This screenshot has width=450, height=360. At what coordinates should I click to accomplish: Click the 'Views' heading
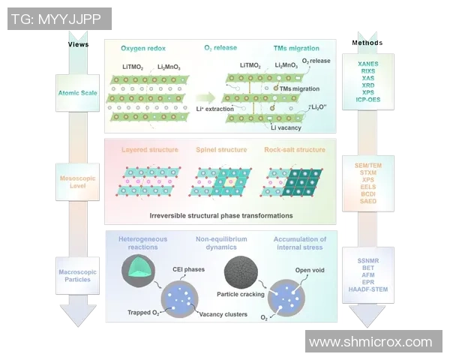pos(78,44)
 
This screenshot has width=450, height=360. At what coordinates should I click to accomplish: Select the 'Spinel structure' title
pos(223,150)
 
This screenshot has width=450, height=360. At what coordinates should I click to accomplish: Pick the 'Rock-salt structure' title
pos(294,150)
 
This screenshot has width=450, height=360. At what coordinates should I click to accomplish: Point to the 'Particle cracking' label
pos(239,295)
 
